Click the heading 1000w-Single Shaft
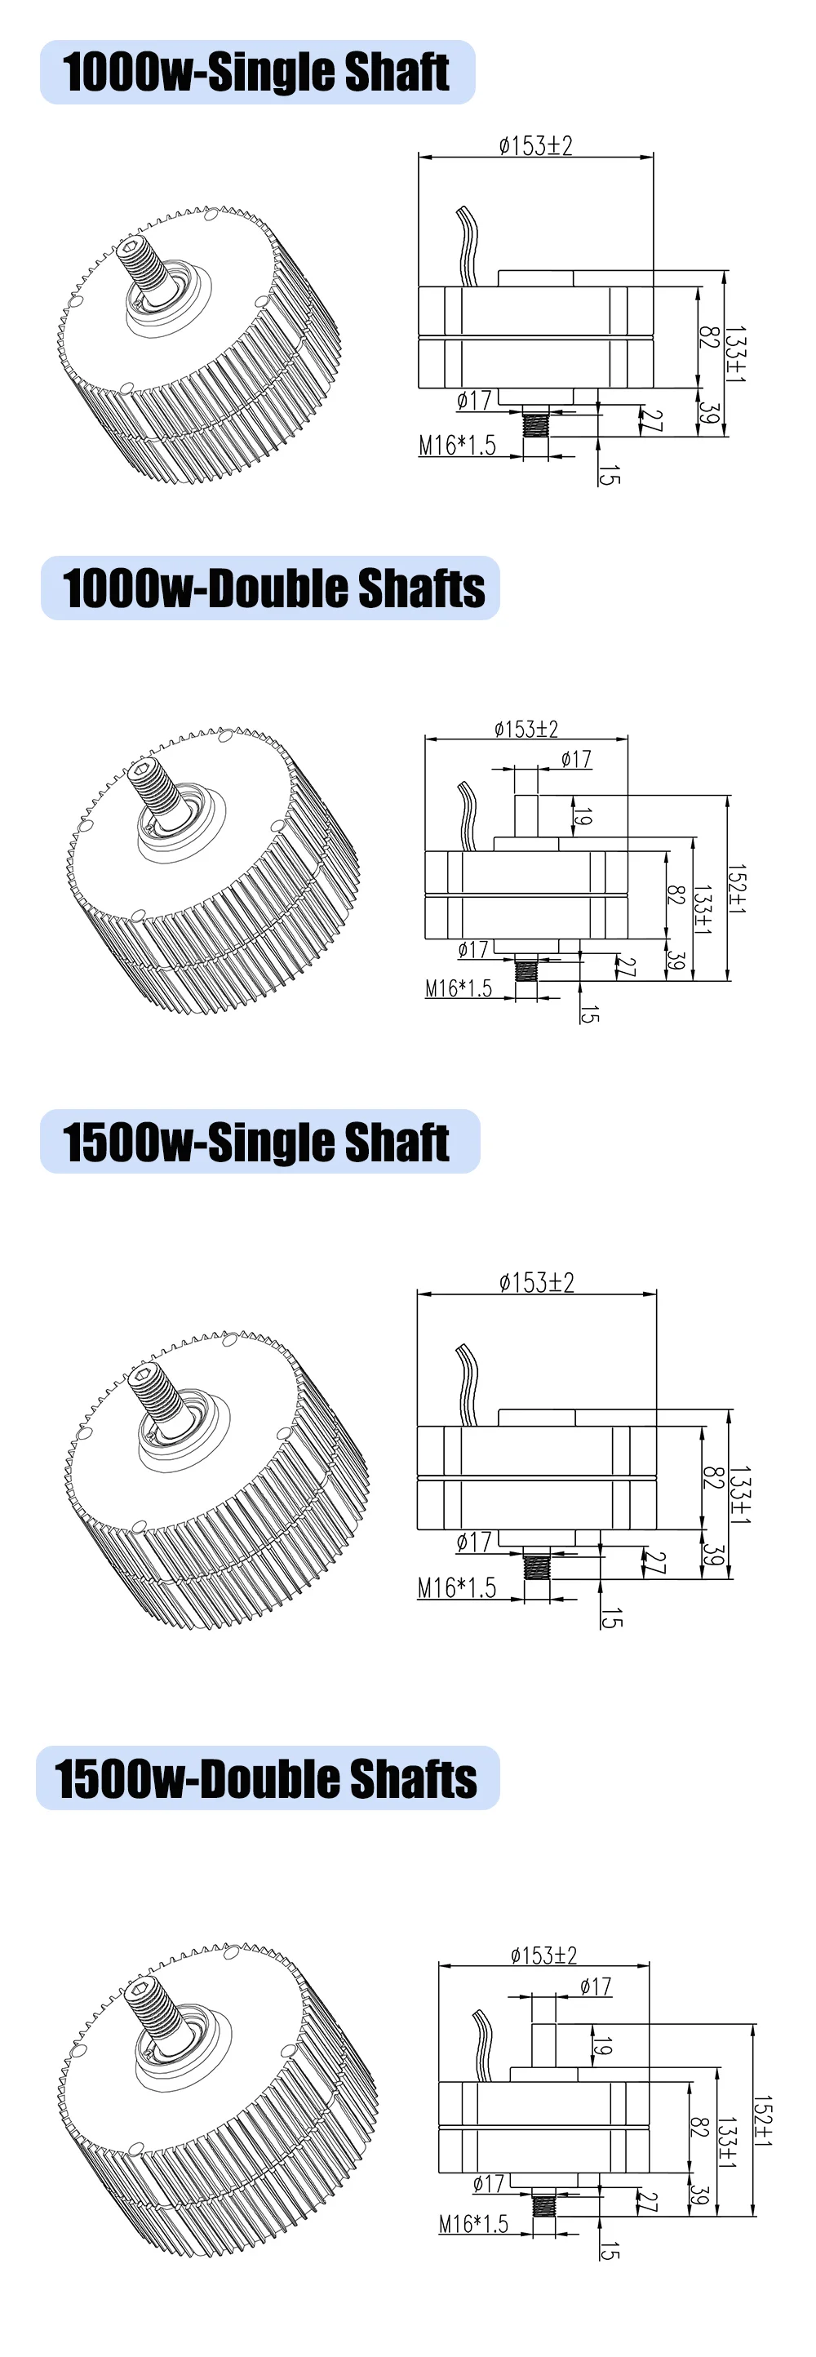tap(255, 73)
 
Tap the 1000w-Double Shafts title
tap(273, 588)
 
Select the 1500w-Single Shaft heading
tap(256, 1142)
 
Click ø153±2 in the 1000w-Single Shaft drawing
tap(536, 145)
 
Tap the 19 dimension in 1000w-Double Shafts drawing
tap(583, 816)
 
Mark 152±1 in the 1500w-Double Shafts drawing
tap(762, 2121)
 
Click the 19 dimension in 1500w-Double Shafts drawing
tap(601, 2046)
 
